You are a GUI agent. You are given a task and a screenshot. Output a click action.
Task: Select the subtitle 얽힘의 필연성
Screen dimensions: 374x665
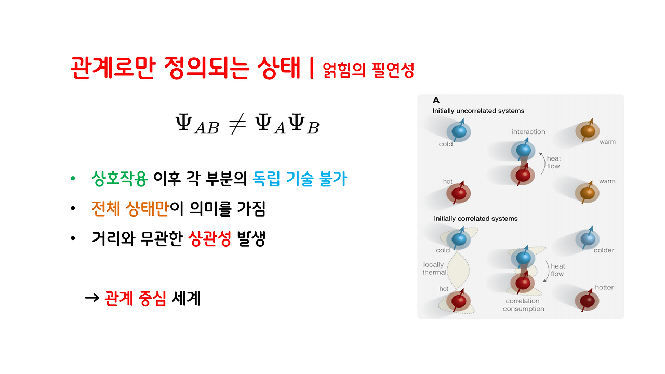368,70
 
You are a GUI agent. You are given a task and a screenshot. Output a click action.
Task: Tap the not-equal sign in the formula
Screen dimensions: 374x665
236,125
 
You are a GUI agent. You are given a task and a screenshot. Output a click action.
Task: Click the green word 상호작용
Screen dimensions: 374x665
119,179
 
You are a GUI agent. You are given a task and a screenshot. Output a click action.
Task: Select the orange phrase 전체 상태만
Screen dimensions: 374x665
130,209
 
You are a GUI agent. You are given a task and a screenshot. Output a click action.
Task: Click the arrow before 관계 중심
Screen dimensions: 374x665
91,298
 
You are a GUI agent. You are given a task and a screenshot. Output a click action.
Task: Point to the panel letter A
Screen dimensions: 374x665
436,100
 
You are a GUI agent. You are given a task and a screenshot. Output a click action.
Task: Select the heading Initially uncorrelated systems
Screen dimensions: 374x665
478,111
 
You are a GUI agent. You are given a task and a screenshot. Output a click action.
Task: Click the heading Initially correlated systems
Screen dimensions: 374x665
476,219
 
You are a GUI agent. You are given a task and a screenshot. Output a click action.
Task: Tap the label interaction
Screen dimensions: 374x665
528,132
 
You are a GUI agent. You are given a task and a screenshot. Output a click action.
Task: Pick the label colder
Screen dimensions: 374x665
604,250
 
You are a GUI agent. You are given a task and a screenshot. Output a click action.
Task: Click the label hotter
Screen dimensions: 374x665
604,287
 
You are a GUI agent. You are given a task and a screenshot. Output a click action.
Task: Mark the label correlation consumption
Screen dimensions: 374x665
523,305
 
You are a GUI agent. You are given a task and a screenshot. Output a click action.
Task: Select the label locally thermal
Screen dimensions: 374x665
434,269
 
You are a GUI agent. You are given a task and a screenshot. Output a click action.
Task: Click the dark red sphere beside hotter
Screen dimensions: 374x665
587,300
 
